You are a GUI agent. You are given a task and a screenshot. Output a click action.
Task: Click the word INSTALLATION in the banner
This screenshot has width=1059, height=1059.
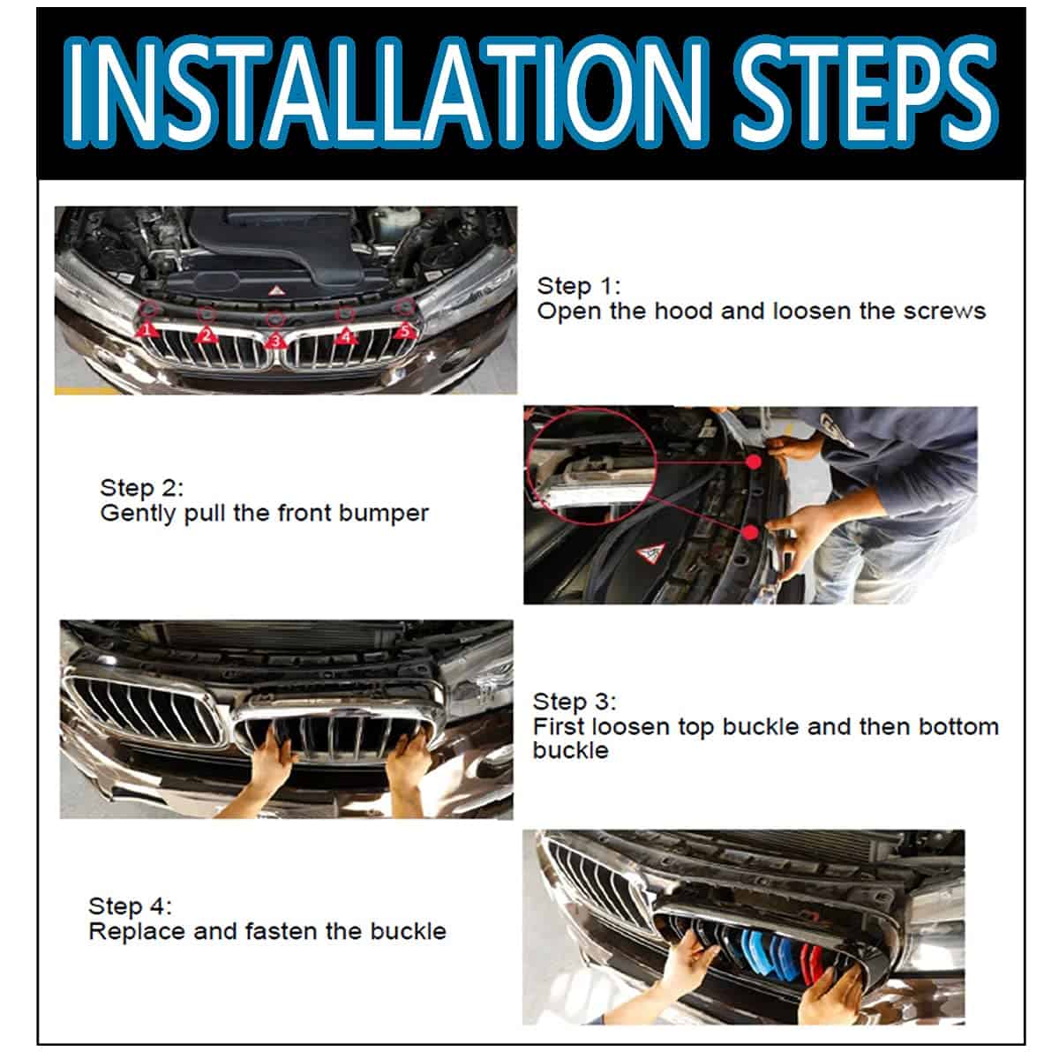click(x=384, y=93)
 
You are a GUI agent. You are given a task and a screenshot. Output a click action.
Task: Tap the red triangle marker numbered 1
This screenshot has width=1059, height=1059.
click(x=146, y=330)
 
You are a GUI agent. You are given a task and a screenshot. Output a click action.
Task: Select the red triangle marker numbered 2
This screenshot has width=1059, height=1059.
click(x=207, y=334)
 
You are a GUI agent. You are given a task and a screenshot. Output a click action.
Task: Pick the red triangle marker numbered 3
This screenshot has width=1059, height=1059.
click(x=275, y=341)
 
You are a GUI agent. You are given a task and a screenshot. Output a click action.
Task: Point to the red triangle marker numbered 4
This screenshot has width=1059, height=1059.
click(x=346, y=334)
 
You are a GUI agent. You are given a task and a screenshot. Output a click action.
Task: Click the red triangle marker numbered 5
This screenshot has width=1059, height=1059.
click(x=405, y=330)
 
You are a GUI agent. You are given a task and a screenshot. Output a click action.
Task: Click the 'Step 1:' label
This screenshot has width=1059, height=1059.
click(x=578, y=286)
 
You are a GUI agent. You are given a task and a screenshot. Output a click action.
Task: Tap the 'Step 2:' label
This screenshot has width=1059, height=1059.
click(x=141, y=488)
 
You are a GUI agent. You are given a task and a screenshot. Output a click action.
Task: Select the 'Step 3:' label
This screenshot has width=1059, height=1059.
click(x=575, y=702)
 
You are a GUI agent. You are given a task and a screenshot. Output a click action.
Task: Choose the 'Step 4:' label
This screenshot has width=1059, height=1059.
click(x=130, y=906)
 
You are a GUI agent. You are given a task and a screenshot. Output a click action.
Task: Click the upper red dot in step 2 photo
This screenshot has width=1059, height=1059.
click(x=754, y=462)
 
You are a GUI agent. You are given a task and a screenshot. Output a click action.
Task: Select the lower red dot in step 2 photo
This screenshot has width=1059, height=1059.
click(x=749, y=532)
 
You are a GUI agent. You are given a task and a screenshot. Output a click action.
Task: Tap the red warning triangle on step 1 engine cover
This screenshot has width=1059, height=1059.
click(x=275, y=290)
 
